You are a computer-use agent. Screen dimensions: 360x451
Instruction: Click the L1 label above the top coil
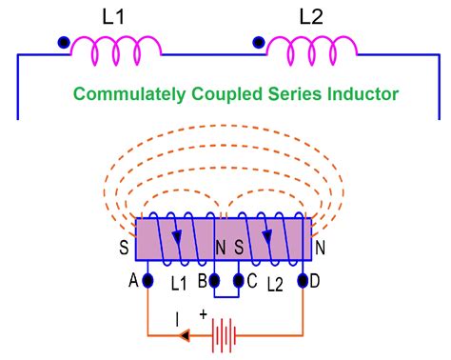click(x=111, y=17)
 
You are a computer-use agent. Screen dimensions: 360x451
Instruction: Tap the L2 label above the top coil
click(x=310, y=17)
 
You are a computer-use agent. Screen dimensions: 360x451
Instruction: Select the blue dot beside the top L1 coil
click(x=63, y=43)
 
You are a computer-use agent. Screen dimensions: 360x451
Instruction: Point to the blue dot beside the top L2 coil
click(x=258, y=43)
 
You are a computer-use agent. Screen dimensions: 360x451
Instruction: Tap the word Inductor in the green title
click(x=367, y=94)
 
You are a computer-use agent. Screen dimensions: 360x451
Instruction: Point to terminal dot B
click(x=214, y=281)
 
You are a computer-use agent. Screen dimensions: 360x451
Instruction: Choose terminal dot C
click(x=239, y=281)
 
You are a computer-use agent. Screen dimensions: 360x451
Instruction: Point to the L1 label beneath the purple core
click(x=178, y=285)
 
